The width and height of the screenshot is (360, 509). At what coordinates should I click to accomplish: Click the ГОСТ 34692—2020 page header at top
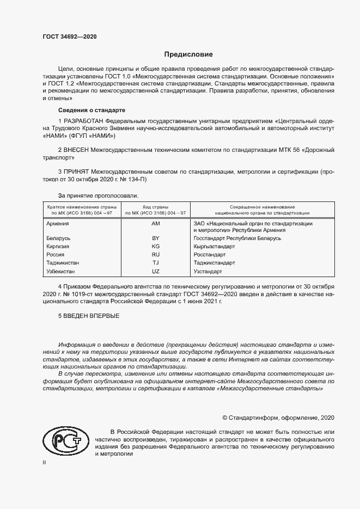pos(69,37)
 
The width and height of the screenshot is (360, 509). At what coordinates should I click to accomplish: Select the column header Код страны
pos(156,206)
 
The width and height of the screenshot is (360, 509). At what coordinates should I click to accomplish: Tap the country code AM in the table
pos(156,224)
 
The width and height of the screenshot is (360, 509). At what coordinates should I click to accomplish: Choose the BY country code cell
pos(156,238)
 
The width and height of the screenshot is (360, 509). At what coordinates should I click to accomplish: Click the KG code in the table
pos(156,247)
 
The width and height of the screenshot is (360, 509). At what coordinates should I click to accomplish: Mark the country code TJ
pos(156,262)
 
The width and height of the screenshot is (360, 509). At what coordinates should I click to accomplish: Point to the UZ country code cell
pos(156,271)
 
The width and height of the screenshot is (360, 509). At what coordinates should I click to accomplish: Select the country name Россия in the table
pos(56,255)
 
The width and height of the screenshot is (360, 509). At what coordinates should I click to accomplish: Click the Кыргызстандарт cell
pos(214,247)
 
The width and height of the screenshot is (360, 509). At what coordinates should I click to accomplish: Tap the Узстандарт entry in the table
pos(208,271)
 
